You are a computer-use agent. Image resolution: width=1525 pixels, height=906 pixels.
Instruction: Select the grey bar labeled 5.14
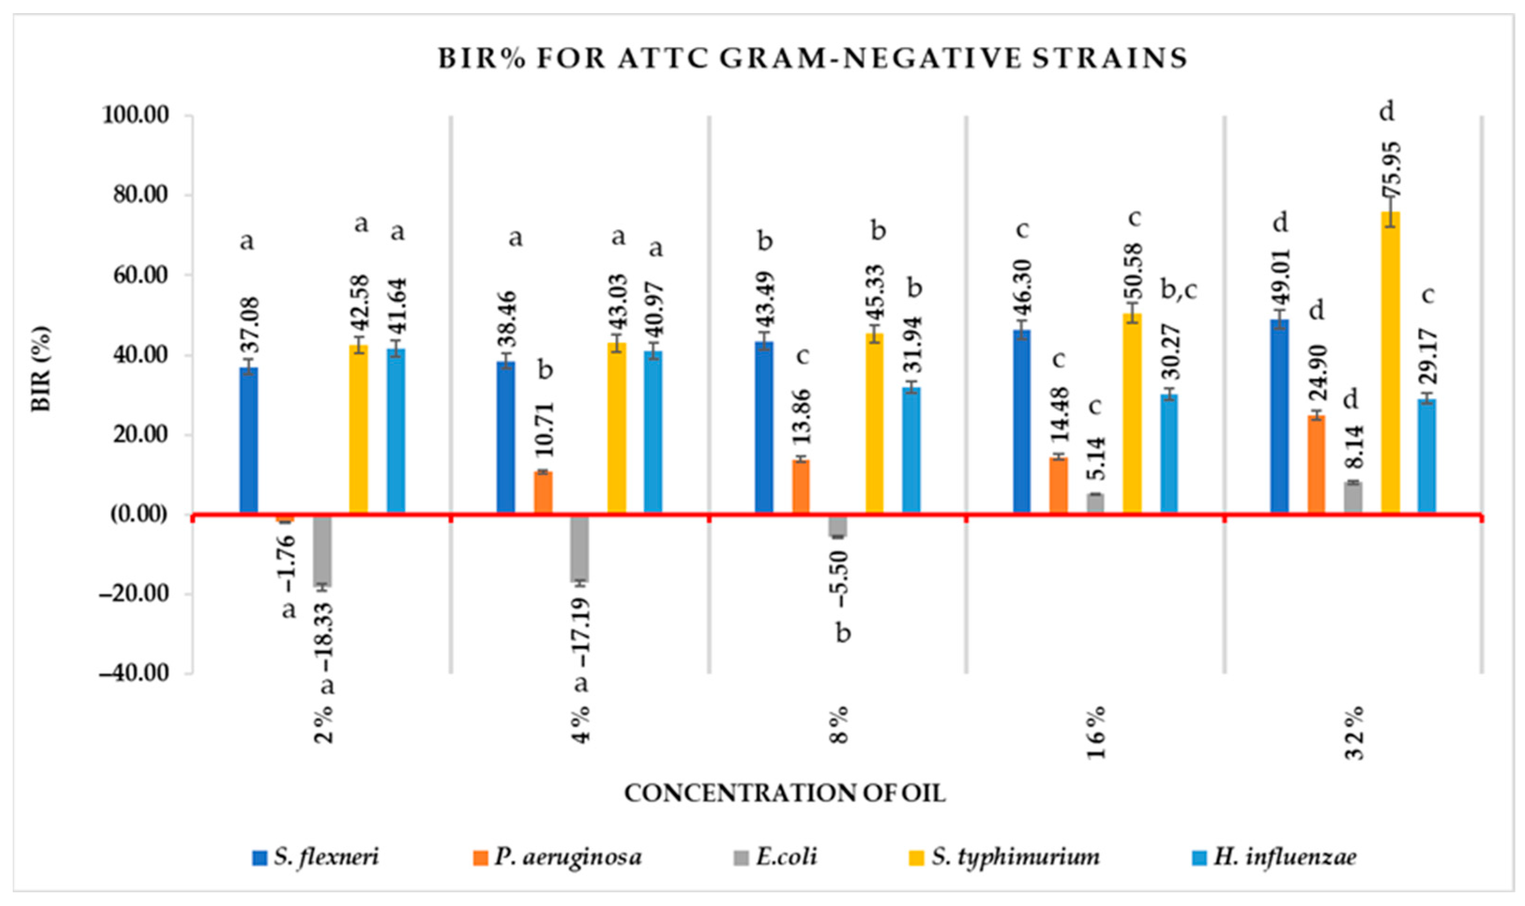[x=1095, y=504]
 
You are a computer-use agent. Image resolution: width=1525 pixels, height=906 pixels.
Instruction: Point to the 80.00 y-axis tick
[x=144, y=196]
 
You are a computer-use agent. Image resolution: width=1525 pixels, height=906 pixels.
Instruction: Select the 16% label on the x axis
[x=1096, y=732]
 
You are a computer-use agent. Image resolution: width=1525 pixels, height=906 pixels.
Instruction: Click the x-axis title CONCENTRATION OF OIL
[x=785, y=793]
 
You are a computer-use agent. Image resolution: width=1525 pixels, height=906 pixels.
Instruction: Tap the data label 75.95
[x=1389, y=169]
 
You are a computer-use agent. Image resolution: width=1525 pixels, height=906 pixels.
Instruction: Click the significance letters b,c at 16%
[x=1178, y=290]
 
